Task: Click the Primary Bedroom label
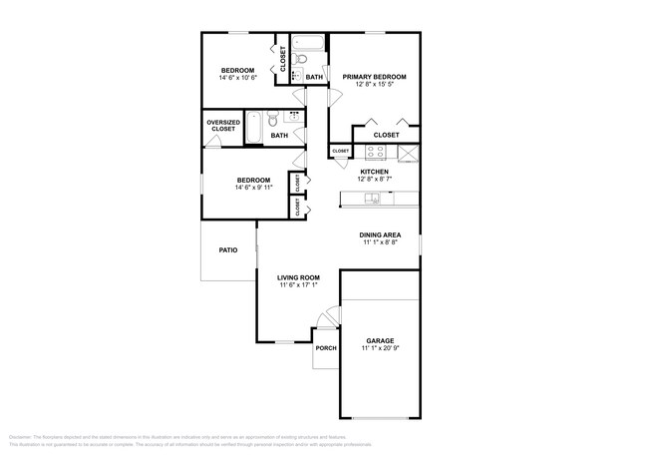[374, 77]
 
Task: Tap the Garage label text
[380, 339]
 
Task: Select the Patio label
[228, 251]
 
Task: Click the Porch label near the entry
[325, 348]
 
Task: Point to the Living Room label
[297, 277]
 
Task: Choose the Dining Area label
[380, 234]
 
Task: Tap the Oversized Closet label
[222, 126]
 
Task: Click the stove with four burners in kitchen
[376, 152]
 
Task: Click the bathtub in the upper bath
[310, 46]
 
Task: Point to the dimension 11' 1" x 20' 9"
[380, 348]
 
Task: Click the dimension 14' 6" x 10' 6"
[238, 78]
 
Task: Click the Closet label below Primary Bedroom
[386, 135]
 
